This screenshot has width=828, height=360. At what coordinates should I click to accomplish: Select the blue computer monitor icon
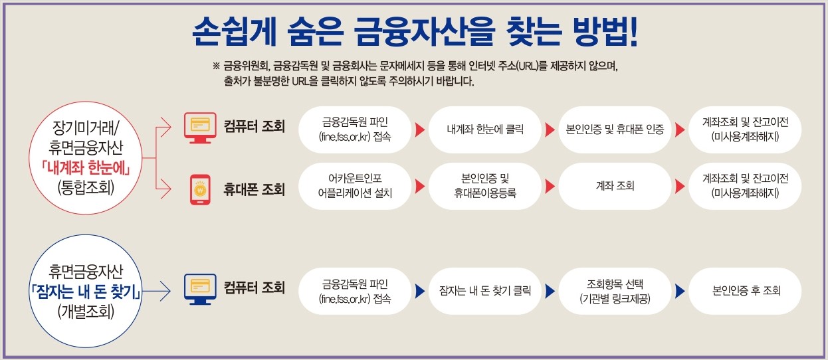click(x=200, y=290)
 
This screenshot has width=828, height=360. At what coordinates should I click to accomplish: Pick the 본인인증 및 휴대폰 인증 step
click(x=615, y=129)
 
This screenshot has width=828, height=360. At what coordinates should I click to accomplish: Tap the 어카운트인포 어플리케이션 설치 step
click(x=355, y=186)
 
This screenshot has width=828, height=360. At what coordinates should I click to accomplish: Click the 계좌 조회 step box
click(x=615, y=186)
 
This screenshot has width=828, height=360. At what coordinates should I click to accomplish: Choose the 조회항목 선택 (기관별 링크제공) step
click(x=615, y=290)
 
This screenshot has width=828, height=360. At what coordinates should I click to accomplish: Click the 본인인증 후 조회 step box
click(x=746, y=290)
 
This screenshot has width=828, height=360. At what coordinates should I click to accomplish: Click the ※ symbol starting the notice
click(x=216, y=66)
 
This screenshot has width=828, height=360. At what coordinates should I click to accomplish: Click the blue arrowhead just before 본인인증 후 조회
click(x=680, y=290)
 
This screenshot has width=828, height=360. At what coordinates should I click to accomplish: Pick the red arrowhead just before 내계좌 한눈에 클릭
click(x=419, y=129)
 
